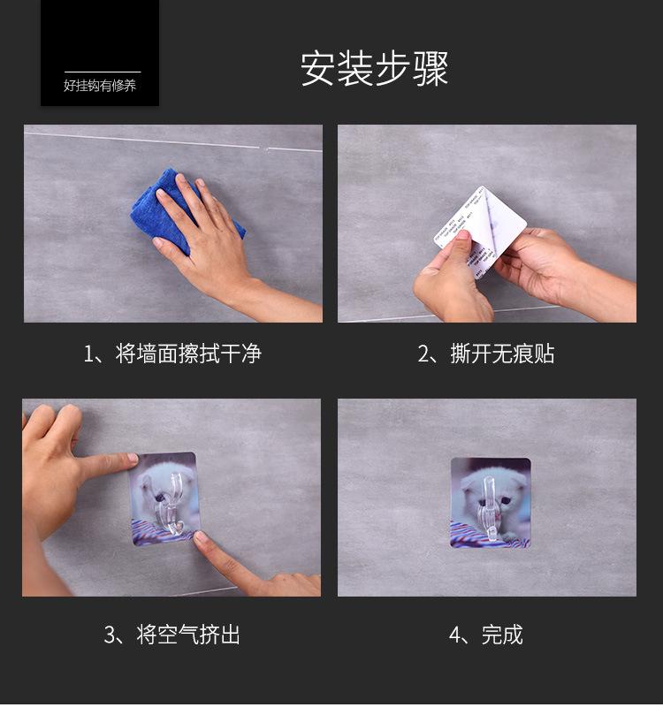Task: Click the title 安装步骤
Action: click(375, 69)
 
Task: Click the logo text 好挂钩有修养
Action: click(100, 86)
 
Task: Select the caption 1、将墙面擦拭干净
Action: click(172, 354)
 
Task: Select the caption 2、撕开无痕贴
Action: click(486, 354)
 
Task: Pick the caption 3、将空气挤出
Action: click(172, 635)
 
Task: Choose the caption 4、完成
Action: click(486, 635)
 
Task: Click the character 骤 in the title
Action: click(431, 69)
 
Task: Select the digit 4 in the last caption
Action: click(455, 635)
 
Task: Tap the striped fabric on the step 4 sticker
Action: click(477, 534)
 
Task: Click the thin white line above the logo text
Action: click(103, 72)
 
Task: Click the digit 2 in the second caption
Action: click(423, 354)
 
